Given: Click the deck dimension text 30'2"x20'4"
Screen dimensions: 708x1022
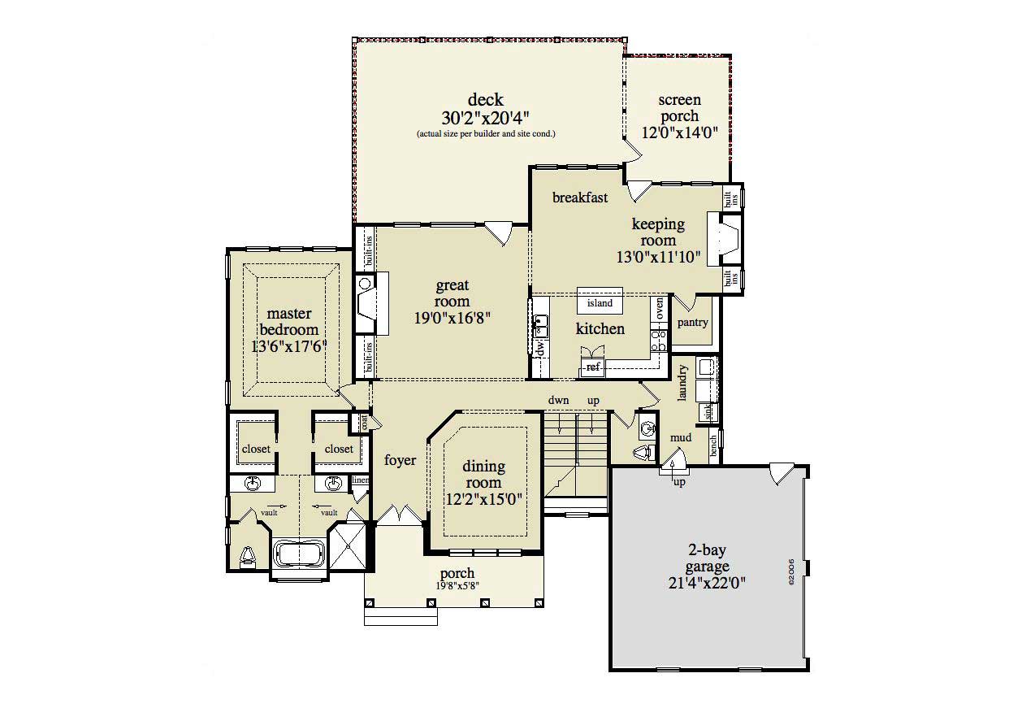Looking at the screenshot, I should tap(485, 117).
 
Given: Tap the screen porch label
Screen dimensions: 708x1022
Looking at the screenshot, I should tap(679, 108).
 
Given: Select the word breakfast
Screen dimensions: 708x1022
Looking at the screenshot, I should tap(580, 198).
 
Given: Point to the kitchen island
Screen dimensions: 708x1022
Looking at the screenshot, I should tap(600, 303).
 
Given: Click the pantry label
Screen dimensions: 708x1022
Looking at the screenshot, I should tap(692, 323).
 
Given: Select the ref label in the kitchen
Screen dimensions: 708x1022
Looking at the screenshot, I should tap(593, 367).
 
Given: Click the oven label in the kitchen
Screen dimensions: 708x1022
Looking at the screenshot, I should tap(660, 308).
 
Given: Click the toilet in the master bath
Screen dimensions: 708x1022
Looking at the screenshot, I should tap(249, 555).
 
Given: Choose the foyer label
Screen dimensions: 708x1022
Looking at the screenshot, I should tap(400, 460).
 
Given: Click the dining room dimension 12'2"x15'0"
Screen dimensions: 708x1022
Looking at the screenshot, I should tap(483, 498).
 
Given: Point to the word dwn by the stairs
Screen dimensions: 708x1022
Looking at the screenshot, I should tap(557, 401).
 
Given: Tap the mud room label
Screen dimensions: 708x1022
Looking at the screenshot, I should tap(680, 438).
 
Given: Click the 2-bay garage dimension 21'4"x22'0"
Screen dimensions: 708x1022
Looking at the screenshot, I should tap(707, 583).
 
